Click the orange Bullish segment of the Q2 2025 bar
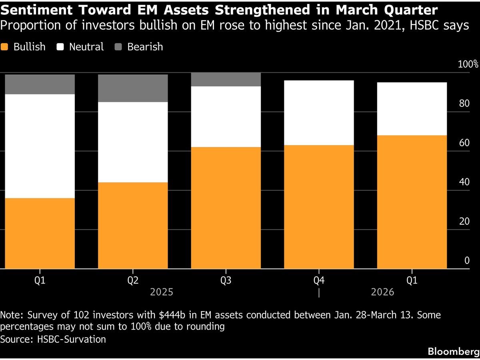[133, 225]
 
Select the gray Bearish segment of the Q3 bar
[226, 80]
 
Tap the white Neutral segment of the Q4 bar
[319, 113]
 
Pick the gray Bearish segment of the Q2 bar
[133, 88]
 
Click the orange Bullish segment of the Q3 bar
[226, 208]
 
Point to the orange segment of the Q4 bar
[319, 207]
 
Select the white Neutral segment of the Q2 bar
[133, 142]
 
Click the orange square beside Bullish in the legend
[5, 47]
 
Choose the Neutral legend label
[86, 47]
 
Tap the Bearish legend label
[145, 47]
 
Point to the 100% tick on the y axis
[468, 64]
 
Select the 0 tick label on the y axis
[466, 260]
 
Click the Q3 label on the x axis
[226, 280]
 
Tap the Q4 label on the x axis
[319, 280]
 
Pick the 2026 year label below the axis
[382, 292]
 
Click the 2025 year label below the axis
[162, 292]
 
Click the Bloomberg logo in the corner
[453, 352]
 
